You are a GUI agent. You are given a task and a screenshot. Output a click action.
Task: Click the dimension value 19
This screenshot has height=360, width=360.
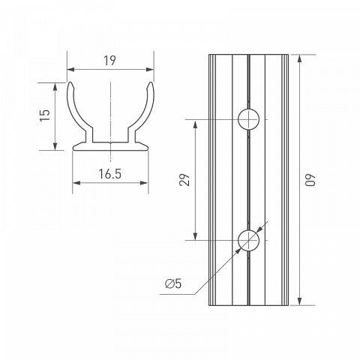point(110,61)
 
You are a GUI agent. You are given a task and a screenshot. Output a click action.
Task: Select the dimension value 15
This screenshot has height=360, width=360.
point(45,115)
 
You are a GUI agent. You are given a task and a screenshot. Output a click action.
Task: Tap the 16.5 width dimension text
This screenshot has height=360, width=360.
point(110,174)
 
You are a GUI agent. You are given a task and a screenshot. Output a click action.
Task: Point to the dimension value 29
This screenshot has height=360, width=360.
point(184,179)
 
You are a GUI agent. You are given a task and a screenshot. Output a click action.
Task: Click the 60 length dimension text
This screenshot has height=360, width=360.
point(310,179)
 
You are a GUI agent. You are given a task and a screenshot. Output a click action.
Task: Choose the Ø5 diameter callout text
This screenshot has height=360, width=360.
point(173,283)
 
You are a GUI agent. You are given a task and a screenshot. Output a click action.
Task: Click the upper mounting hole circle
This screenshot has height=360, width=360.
point(248,119)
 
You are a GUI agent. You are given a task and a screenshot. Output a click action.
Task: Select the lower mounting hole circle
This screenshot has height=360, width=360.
point(248,240)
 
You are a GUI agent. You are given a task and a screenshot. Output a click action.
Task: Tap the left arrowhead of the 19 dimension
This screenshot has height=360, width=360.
point(70,70)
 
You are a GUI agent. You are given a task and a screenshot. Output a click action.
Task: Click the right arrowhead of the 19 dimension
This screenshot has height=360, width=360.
point(150,70)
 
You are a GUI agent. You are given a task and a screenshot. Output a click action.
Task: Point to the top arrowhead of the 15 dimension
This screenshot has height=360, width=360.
point(55,86)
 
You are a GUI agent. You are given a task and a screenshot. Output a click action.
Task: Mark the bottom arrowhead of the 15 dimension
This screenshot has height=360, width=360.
point(55,146)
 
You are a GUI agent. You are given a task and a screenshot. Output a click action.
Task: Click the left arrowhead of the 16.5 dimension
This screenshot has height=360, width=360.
point(76,183)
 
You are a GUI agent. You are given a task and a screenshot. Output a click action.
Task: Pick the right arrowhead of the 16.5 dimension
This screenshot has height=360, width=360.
point(144,183)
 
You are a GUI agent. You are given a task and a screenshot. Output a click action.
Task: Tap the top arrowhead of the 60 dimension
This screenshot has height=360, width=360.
point(300,58)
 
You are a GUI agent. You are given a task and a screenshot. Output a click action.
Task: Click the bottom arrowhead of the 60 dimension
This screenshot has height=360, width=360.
point(300,301)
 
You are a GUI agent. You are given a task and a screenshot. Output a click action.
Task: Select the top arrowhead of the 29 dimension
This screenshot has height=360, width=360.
point(196,124)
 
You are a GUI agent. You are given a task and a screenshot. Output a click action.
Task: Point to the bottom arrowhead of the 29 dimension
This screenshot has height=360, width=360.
point(196,236)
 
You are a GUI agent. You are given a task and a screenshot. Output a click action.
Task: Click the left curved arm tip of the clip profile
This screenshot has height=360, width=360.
point(70,82)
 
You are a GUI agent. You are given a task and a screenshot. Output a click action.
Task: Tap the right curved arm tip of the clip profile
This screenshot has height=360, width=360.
point(151,82)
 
